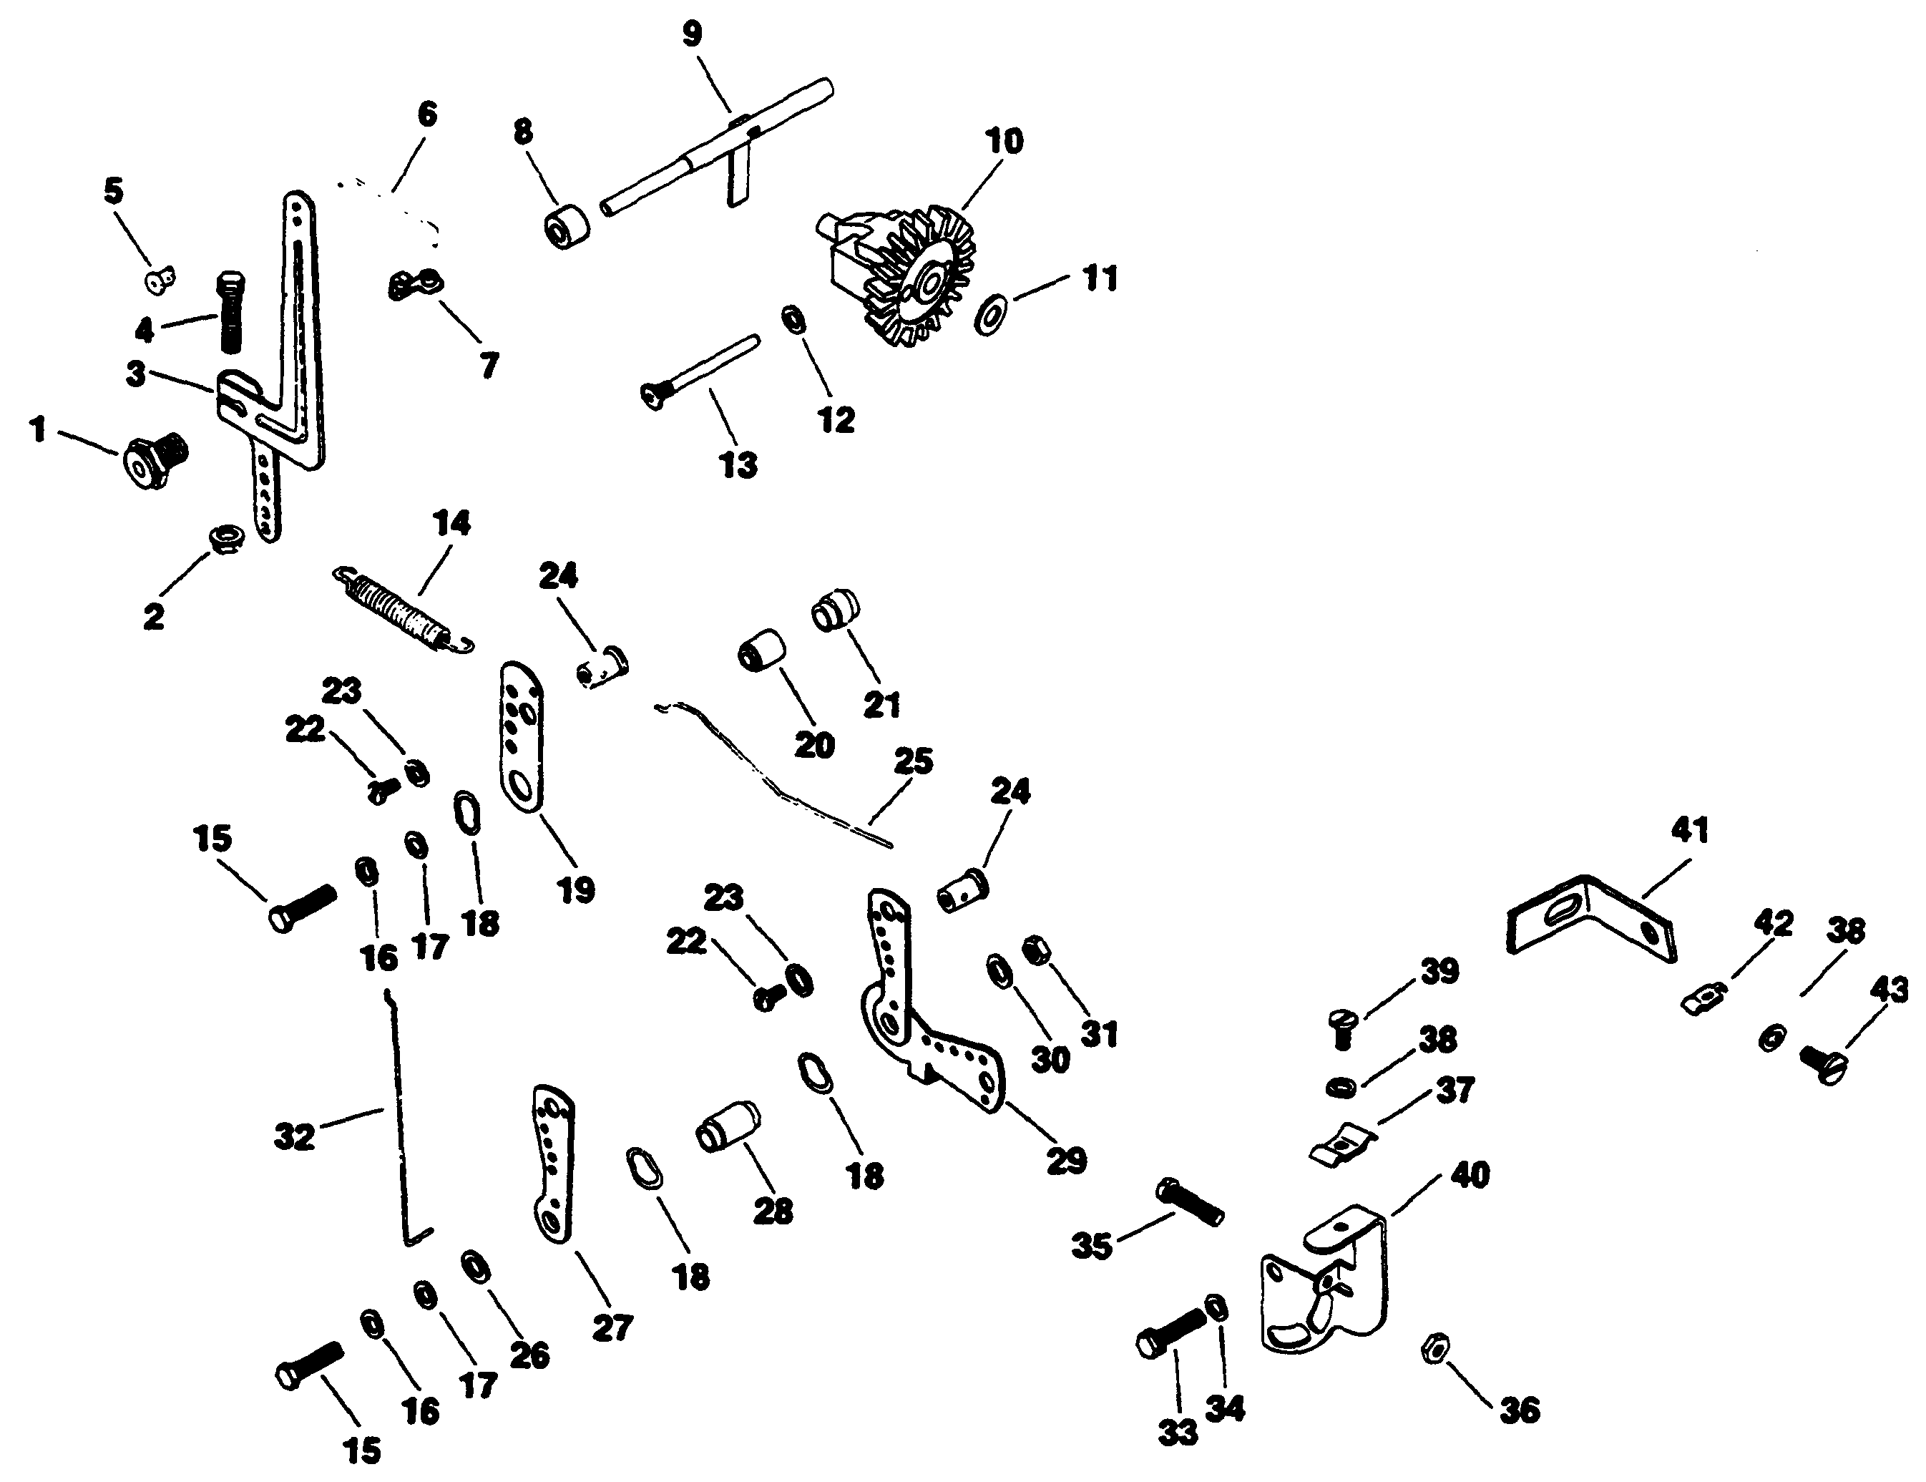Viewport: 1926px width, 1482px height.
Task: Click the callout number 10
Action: (x=1004, y=141)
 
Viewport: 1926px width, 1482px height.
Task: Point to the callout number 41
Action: (x=1688, y=830)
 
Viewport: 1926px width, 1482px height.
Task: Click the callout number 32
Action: (x=293, y=1137)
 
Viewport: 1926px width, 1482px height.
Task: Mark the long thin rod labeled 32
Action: (x=401, y=1121)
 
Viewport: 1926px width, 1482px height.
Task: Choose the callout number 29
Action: (x=1066, y=1161)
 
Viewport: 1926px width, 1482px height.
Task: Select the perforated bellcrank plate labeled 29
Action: (x=926, y=1015)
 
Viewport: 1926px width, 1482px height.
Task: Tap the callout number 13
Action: (x=738, y=464)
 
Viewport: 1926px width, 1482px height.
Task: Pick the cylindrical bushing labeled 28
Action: (x=728, y=1127)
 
